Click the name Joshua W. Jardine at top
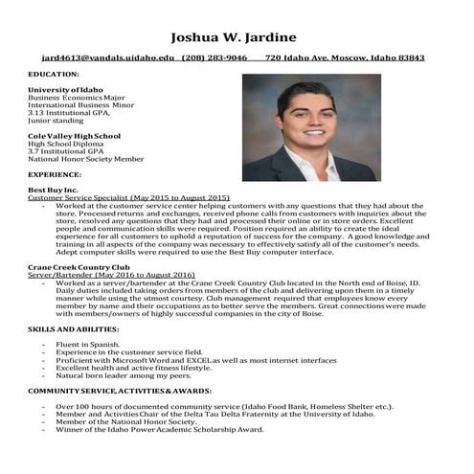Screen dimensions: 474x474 (x=236, y=38)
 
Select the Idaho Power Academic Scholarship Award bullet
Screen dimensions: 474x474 (x=159, y=430)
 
